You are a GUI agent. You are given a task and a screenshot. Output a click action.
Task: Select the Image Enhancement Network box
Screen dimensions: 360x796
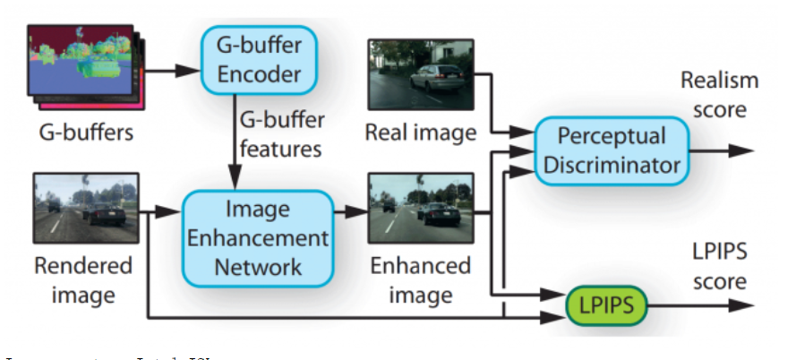click(x=253, y=238)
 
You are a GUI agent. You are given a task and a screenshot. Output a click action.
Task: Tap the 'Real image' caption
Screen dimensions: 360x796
click(x=420, y=133)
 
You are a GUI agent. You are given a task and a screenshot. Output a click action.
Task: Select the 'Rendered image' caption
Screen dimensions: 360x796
click(x=82, y=279)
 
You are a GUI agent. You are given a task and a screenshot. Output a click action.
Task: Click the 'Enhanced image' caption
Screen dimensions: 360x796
click(x=420, y=279)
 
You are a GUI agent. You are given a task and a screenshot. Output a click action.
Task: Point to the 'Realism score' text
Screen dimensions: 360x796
click(x=718, y=93)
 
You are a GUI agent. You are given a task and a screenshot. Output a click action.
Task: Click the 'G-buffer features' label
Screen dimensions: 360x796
click(x=280, y=133)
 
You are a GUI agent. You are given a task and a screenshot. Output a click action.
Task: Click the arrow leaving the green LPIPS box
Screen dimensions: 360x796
click(x=707, y=306)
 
